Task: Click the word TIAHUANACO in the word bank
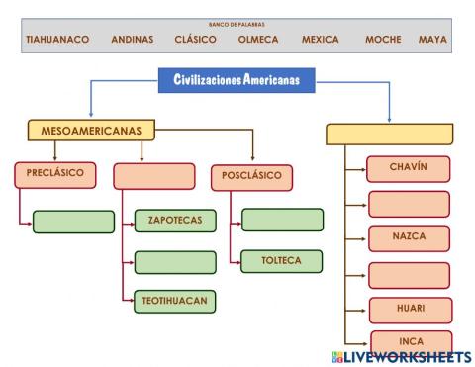coord(57,40)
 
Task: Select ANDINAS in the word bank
coord(132,40)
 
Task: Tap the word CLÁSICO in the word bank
coord(195,40)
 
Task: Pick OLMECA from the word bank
coord(258,40)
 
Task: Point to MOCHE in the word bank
coord(383,40)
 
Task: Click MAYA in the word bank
coord(432,40)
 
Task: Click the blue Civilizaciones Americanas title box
coord(237,78)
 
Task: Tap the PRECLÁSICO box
coord(55,174)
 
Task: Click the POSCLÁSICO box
coord(253,177)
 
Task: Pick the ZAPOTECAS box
coord(174,221)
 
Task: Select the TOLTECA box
coord(282,261)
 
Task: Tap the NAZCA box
coord(409,239)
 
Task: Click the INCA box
coord(409,341)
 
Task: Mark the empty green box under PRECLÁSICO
coord(73,222)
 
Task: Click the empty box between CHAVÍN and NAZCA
coord(409,204)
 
